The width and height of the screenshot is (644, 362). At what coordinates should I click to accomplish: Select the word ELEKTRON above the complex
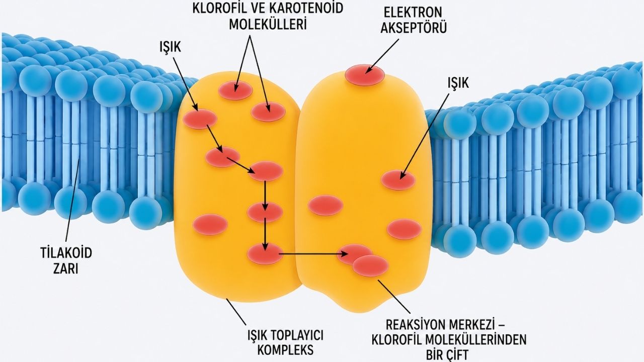pos(413,13)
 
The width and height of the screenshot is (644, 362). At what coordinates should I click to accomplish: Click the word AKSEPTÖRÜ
pos(414,28)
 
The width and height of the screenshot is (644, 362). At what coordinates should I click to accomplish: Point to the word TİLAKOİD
pos(66,253)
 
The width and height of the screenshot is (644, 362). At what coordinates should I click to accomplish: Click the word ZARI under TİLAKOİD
pos(66,269)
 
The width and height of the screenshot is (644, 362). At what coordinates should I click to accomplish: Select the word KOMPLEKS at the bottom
pos(285,350)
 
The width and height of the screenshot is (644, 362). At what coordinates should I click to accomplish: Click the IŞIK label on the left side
pos(171,47)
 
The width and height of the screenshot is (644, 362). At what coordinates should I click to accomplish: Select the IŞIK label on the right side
pos(458,83)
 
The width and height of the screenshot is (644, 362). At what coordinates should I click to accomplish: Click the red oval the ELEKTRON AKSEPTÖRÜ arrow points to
pos(365,75)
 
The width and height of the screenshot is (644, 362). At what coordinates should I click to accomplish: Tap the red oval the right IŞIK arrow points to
pos(398,180)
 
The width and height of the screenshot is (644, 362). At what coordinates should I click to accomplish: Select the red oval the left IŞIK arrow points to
pos(200,119)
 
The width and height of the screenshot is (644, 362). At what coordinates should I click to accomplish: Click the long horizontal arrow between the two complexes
pos(313,254)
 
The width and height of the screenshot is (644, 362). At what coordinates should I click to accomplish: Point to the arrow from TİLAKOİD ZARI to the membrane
pos(73,201)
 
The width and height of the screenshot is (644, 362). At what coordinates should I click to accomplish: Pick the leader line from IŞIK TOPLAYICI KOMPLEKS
pos(236,312)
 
